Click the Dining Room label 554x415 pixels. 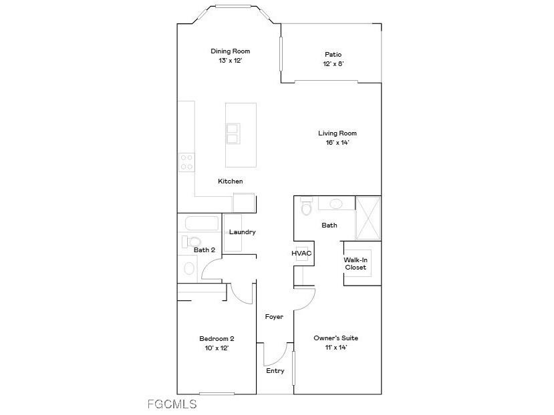(x=225, y=51)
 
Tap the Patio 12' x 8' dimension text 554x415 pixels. (x=333, y=64)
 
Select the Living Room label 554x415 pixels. (x=337, y=133)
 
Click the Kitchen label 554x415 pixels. (x=230, y=181)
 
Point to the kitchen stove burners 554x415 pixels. (x=186, y=162)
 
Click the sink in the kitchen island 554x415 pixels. (x=232, y=133)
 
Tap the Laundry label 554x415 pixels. (x=243, y=232)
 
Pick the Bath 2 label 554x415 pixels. (x=204, y=250)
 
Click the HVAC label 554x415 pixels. (x=302, y=254)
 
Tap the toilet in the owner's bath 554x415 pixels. (x=307, y=207)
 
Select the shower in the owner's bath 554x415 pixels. (x=368, y=217)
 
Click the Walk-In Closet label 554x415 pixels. (x=356, y=264)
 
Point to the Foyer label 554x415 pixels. (x=274, y=317)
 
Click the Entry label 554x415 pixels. (x=275, y=371)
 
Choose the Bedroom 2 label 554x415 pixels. (x=217, y=338)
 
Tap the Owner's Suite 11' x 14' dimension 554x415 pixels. (x=331, y=347)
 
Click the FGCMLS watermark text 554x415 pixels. (x=172, y=404)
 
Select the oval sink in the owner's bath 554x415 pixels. (x=337, y=204)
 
